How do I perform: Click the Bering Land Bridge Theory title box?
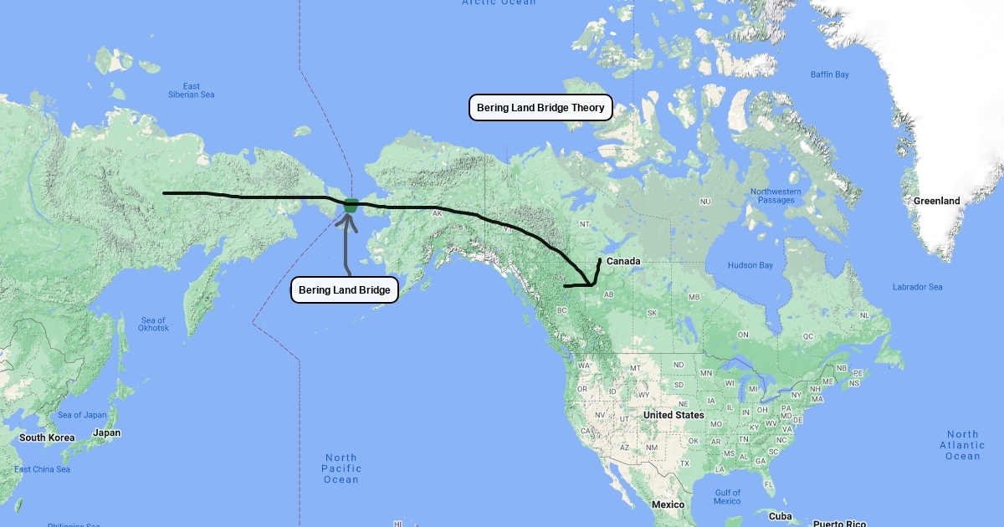tap(540, 108)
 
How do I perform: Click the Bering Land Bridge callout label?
tap(344, 290)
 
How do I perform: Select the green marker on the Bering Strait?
tap(351, 204)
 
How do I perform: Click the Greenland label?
tap(936, 201)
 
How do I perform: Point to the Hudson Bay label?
tap(750, 266)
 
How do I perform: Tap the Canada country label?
tap(623, 262)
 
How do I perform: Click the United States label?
tap(674, 415)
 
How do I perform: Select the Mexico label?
tap(668, 504)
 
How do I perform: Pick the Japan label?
tap(106, 433)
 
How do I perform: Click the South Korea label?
tap(47, 437)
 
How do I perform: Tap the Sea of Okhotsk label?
tap(153, 324)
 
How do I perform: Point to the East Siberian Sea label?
tap(192, 90)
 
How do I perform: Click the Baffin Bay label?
tap(829, 74)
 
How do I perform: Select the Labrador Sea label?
tap(917, 287)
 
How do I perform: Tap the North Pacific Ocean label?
tap(341, 468)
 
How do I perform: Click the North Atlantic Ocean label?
tap(962, 445)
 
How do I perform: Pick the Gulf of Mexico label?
tap(727, 497)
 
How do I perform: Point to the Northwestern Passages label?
tap(776, 196)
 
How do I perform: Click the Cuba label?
tap(780, 516)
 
